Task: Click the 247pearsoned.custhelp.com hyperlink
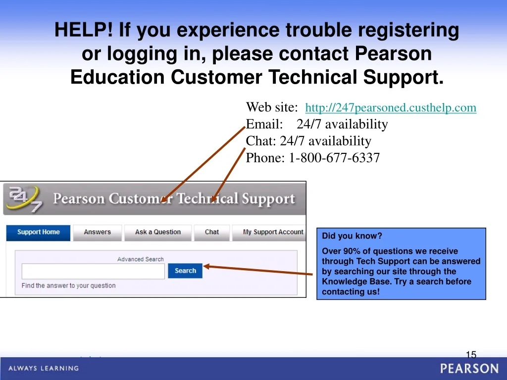pos(391,107)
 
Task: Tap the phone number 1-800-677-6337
pos(334,158)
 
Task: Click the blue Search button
pos(185,271)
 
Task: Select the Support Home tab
pos(38,233)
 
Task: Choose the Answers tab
pos(98,233)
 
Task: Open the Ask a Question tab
pos(158,233)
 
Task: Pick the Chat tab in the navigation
pos(212,233)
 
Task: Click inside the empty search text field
pos(93,271)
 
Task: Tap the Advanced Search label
pos(140,259)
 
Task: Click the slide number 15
pos(471,355)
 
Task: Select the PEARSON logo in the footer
pos(469,369)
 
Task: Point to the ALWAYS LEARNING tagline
pos(44,368)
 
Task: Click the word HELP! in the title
pos(84,30)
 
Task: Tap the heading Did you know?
pos(352,236)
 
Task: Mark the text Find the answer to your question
pos(68,285)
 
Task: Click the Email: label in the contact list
pos(264,124)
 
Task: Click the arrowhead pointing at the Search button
pos(207,267)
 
